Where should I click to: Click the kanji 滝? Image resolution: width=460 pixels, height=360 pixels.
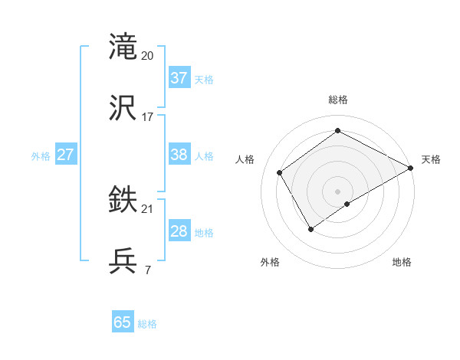123,47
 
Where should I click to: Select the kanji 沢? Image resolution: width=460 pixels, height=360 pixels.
123,108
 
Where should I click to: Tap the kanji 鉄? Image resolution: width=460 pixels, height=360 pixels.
123,200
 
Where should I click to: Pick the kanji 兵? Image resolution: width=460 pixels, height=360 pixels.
123,261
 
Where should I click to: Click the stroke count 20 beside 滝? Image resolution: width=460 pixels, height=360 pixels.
148,56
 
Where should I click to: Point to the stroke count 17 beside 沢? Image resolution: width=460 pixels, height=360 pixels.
148,117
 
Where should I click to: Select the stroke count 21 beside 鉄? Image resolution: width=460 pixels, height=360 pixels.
148,209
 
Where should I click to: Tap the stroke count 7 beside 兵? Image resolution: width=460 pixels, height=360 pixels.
148,270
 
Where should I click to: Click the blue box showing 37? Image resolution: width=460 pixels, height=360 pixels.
179,78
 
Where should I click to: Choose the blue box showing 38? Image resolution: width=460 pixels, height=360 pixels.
179,155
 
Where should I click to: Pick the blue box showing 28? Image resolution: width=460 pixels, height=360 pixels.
179,231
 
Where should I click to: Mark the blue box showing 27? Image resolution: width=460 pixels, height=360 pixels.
65,155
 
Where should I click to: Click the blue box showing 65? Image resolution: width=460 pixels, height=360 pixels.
123,322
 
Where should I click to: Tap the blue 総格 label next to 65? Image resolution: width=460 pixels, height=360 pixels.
147,324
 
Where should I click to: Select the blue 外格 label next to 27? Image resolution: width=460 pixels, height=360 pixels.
41,156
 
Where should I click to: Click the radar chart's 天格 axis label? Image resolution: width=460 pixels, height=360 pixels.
431,159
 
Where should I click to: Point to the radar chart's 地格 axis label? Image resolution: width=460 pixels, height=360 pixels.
402,263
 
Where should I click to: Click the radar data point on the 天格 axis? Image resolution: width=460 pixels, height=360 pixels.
411,168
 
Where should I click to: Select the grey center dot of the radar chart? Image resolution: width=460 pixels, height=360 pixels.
338,191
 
